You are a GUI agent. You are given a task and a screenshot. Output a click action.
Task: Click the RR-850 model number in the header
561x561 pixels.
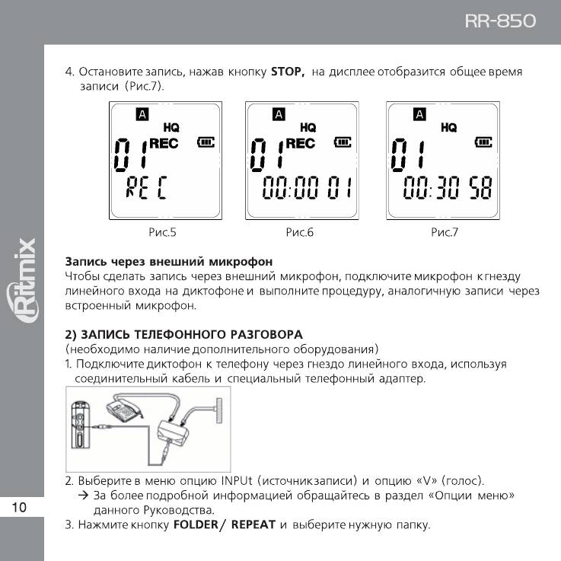[500, 21]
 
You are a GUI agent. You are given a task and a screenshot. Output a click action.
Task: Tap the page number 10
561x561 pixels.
[20, 508]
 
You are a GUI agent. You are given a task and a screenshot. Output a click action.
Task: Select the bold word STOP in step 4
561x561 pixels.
[287, 72]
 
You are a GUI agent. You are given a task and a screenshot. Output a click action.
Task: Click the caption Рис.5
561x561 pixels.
[162, 232]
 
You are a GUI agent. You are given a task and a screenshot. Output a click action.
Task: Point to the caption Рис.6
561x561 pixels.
[300, 232]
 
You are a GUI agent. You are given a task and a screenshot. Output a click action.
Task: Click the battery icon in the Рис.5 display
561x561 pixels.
[206, 142]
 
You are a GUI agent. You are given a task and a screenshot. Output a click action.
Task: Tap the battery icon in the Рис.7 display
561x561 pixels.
[483, 142]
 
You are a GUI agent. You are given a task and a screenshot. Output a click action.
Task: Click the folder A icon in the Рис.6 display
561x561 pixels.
[279, 114]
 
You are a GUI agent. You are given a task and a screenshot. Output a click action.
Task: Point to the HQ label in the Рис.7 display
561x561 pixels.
[449, 128]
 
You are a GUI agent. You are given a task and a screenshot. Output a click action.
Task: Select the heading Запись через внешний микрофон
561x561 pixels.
[169, 262]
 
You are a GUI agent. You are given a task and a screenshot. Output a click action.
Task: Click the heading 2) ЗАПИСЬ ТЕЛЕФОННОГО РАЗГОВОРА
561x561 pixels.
[184, 334]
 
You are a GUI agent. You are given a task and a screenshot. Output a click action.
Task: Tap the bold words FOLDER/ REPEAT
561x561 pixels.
[222, 525]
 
